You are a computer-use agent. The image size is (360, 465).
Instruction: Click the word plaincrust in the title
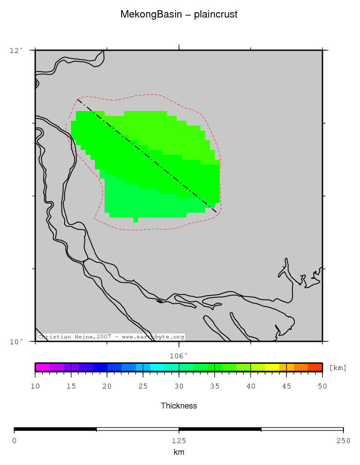coord(216,15)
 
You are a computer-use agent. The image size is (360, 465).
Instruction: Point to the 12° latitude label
coord(17,50)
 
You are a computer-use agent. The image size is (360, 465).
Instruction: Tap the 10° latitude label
coord(17,341)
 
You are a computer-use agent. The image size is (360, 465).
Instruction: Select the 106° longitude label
coord(179,355)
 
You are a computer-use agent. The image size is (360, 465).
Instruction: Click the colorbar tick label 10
coord(35,386)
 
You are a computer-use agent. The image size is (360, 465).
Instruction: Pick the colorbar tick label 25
coord(143,386)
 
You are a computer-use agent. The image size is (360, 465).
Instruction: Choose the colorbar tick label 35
coord(215,386)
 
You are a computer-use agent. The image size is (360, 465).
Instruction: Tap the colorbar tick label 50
coord(322,386)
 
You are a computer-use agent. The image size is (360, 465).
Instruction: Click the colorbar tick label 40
coord(251,386)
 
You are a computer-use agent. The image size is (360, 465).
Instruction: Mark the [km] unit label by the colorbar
coord(338,368)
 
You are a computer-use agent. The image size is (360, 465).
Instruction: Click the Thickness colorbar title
coord(179,406)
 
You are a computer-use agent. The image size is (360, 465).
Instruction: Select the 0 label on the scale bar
coord(14,441)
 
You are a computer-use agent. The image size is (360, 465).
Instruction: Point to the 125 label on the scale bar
coord(179,441)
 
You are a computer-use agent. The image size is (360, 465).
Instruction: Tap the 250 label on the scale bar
coord(343,441)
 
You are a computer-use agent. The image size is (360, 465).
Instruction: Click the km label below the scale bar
coord(179,452)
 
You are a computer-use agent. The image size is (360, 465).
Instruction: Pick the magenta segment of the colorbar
coord(42,367)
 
